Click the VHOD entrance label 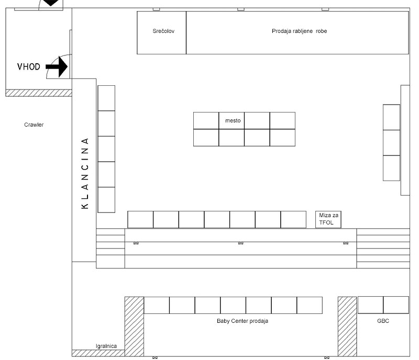click(29, 66)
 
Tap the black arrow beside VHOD click(57, 67)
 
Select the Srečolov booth click(161, 32)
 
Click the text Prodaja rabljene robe click(299, 31)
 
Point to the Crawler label click(34, 125)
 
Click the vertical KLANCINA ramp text click(85, 173)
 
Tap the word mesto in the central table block click(233, 120)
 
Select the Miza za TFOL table click(328, 220)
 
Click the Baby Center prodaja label click(242, 321)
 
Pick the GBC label click(383, 321)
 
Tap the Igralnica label click(106, 346)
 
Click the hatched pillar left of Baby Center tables click(134, 327)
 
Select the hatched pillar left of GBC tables click(347, 327)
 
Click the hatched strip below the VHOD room click(39, 93)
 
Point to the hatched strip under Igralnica click(98, 353)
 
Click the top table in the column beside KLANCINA click(106, 98)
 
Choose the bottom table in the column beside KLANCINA click(106, 200)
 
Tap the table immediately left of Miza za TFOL click(293, 220)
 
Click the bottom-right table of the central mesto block click(282, 138)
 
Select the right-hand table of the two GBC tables click(396, 305)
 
